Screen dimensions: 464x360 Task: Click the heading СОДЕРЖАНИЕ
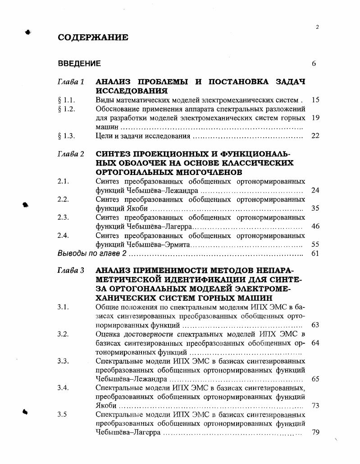93,38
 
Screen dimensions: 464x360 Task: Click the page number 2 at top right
317,27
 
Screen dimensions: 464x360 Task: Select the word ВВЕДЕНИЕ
79,64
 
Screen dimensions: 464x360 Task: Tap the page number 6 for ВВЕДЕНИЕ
314,64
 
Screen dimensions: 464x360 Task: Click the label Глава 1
71,82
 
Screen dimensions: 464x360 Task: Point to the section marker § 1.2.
66,109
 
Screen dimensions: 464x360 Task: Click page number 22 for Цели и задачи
315,136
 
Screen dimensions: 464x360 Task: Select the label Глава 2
71,154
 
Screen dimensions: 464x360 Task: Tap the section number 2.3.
63,217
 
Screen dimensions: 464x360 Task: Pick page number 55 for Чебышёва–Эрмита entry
315,244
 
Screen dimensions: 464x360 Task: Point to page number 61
315,253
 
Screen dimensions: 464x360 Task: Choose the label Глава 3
71,271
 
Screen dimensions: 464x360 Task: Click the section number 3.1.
63,307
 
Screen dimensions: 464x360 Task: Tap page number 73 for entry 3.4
315,405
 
